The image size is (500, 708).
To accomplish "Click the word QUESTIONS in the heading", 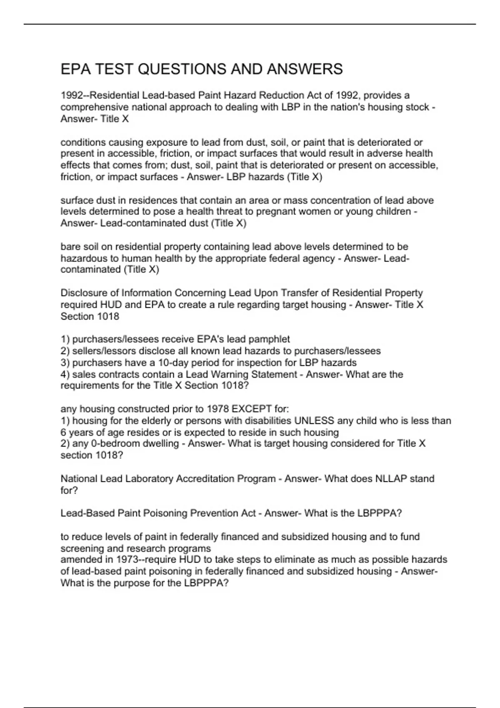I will pos(181,69).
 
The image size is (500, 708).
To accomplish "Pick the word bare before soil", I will pos(70,247).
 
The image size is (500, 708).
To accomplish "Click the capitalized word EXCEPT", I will pos(254,409).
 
